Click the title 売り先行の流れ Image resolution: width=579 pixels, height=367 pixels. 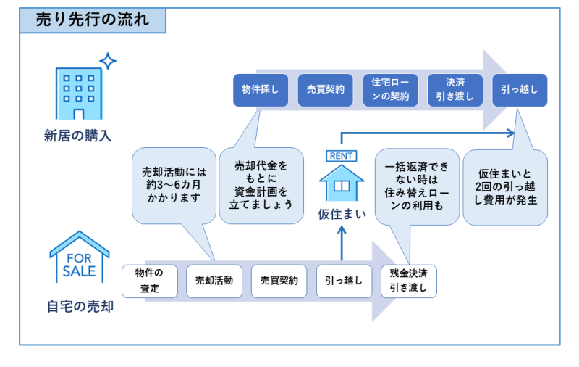pyautogui.click(x=93, y=20)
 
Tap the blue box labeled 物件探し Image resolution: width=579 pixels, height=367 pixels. pyautogui.click(x=261, y=90)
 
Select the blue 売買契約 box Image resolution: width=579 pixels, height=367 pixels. pyautogui.click(x=325, y=90)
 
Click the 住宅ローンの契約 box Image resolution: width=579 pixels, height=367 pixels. pyautogui.click(x=390, y=90)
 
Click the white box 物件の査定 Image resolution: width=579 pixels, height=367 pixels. pyautogui.click(x=150, y=281)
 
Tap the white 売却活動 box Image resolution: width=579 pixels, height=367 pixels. pyautogui.click(x=214, y=281)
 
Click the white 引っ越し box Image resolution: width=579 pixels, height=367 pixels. pyautogui.click(x=344, y=281)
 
